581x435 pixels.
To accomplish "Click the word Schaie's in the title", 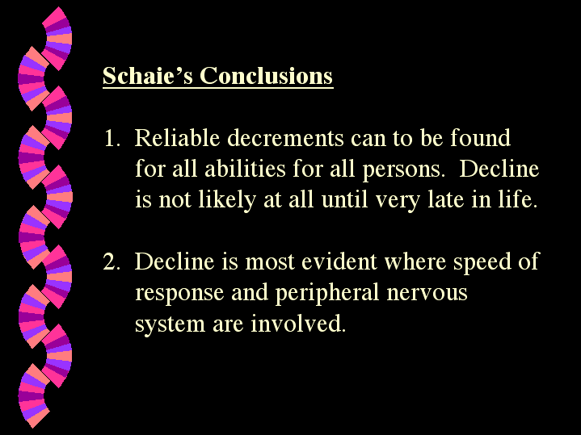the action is [148, 76].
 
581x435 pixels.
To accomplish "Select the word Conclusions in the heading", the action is [266, 76].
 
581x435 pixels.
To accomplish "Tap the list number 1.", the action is [112, 138].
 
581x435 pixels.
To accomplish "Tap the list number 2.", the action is [112, 261].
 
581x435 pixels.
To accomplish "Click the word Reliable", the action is [177, 138].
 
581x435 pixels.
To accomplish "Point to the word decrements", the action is [285, 138].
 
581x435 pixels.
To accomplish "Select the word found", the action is [480, 138].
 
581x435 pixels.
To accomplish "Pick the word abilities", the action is [245, 169].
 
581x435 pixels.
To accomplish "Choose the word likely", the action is [227, 200].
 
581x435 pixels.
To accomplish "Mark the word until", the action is [345, 200].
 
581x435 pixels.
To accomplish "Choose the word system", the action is [170, 324].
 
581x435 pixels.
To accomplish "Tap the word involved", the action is [298, 323].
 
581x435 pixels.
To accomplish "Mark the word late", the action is [446, 200].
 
